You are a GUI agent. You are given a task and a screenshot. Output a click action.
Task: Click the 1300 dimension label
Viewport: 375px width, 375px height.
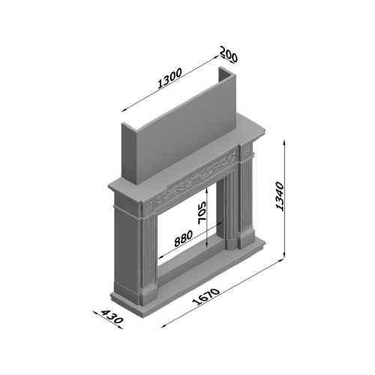click(169, 78)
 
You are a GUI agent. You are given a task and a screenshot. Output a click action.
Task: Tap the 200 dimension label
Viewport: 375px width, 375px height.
click(229, 54)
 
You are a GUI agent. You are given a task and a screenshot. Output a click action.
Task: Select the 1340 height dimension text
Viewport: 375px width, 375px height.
click(279, 196)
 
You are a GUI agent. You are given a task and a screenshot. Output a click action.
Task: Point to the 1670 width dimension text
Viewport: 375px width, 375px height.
click(206, 297)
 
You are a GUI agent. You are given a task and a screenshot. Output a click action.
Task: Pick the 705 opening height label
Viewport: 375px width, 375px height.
click(202, 213)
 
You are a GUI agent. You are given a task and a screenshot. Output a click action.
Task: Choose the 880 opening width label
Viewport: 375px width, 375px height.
click(184, 238)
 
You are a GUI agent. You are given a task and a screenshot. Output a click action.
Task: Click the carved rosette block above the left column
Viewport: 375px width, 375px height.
click(148, 208)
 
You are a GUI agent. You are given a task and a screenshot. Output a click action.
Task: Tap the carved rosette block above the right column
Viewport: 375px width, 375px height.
click(246, 151)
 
